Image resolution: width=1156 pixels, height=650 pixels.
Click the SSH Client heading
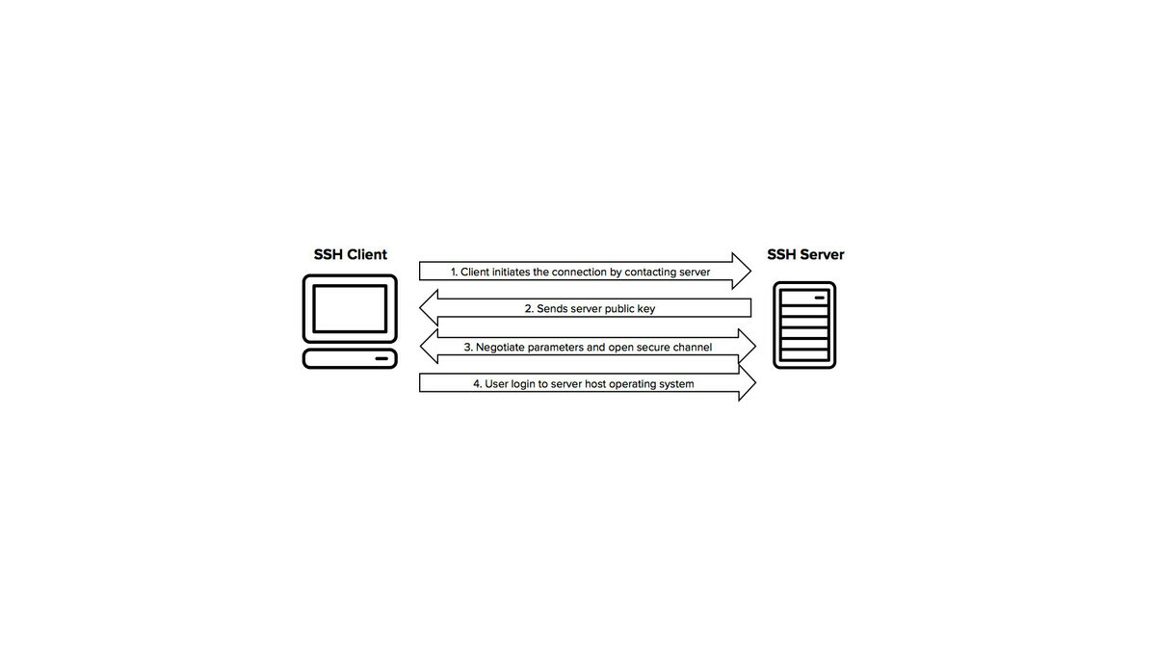[351, 255]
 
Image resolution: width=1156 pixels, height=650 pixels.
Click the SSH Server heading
[805, 255]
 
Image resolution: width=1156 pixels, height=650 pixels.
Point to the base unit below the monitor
[350, 359]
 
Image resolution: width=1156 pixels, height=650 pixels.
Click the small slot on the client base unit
[382, 360]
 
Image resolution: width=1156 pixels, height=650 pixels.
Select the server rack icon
[804, 325]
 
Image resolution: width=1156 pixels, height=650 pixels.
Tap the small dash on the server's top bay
[820, 298]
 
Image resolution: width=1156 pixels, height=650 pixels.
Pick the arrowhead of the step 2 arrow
[429, 309]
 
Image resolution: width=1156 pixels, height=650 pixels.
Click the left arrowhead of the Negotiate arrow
[430, 346]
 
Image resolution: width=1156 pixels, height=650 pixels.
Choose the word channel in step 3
[691, 347]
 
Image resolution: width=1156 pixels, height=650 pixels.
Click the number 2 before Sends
[529, 309]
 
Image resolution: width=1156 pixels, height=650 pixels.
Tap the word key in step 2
[645, 309]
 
